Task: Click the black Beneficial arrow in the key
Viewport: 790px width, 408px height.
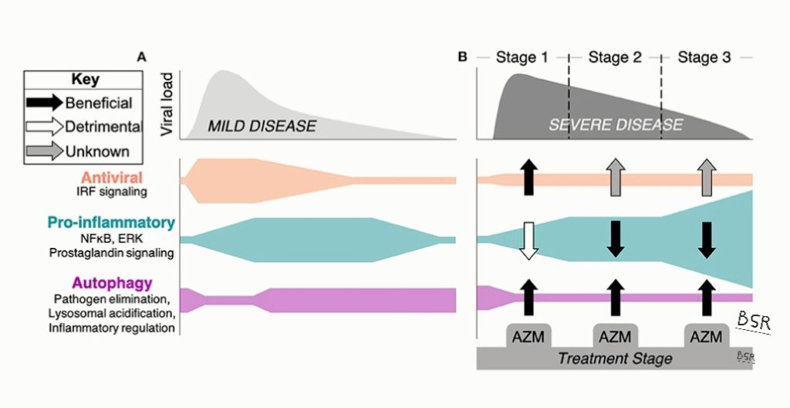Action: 46,103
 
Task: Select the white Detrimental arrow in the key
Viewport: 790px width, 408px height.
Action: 46,127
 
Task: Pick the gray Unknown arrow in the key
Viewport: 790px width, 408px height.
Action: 46,151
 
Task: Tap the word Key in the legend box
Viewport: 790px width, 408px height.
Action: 85,80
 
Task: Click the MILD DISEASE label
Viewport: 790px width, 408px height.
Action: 262,126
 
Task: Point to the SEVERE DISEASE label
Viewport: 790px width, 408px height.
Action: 616,124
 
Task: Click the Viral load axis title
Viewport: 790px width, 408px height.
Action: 166,108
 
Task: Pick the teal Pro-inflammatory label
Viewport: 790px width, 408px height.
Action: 111,223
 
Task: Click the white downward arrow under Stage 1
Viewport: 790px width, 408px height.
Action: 527,240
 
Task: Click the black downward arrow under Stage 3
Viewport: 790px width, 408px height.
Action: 705,239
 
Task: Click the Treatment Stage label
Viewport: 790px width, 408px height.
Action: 615,359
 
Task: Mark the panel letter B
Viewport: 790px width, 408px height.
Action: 463,57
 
